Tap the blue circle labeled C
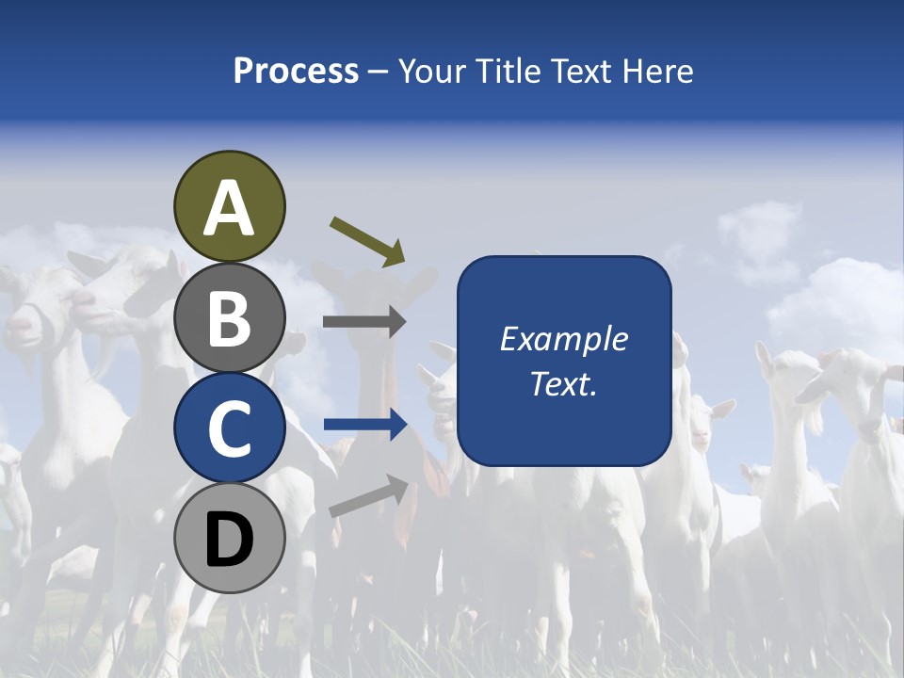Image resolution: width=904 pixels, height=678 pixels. click(229, 428)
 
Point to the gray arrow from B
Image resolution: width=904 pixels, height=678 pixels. click(364, 322)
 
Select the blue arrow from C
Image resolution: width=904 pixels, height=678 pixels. click(365, 426)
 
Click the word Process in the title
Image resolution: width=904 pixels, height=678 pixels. click(296, 72)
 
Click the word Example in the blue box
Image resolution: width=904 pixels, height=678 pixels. click(563, 339)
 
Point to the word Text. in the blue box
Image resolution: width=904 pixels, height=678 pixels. click(563, 383)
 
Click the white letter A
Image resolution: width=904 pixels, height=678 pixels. click(229, 208)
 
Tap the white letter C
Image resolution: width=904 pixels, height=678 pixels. click(229, 428)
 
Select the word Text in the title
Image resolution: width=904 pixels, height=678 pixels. click(577, 72)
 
